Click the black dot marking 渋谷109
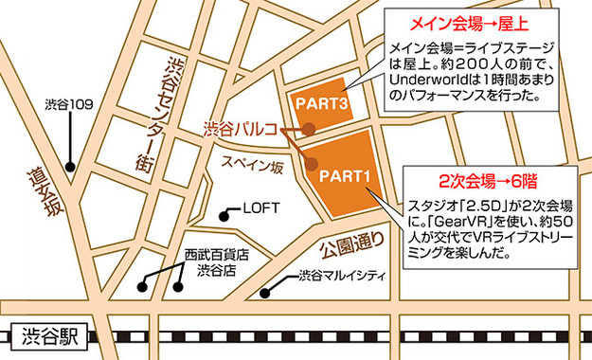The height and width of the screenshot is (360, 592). coord(69,167)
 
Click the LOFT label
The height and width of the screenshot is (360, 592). coord(260,207)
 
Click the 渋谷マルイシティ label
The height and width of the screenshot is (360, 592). coord(347,277)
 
